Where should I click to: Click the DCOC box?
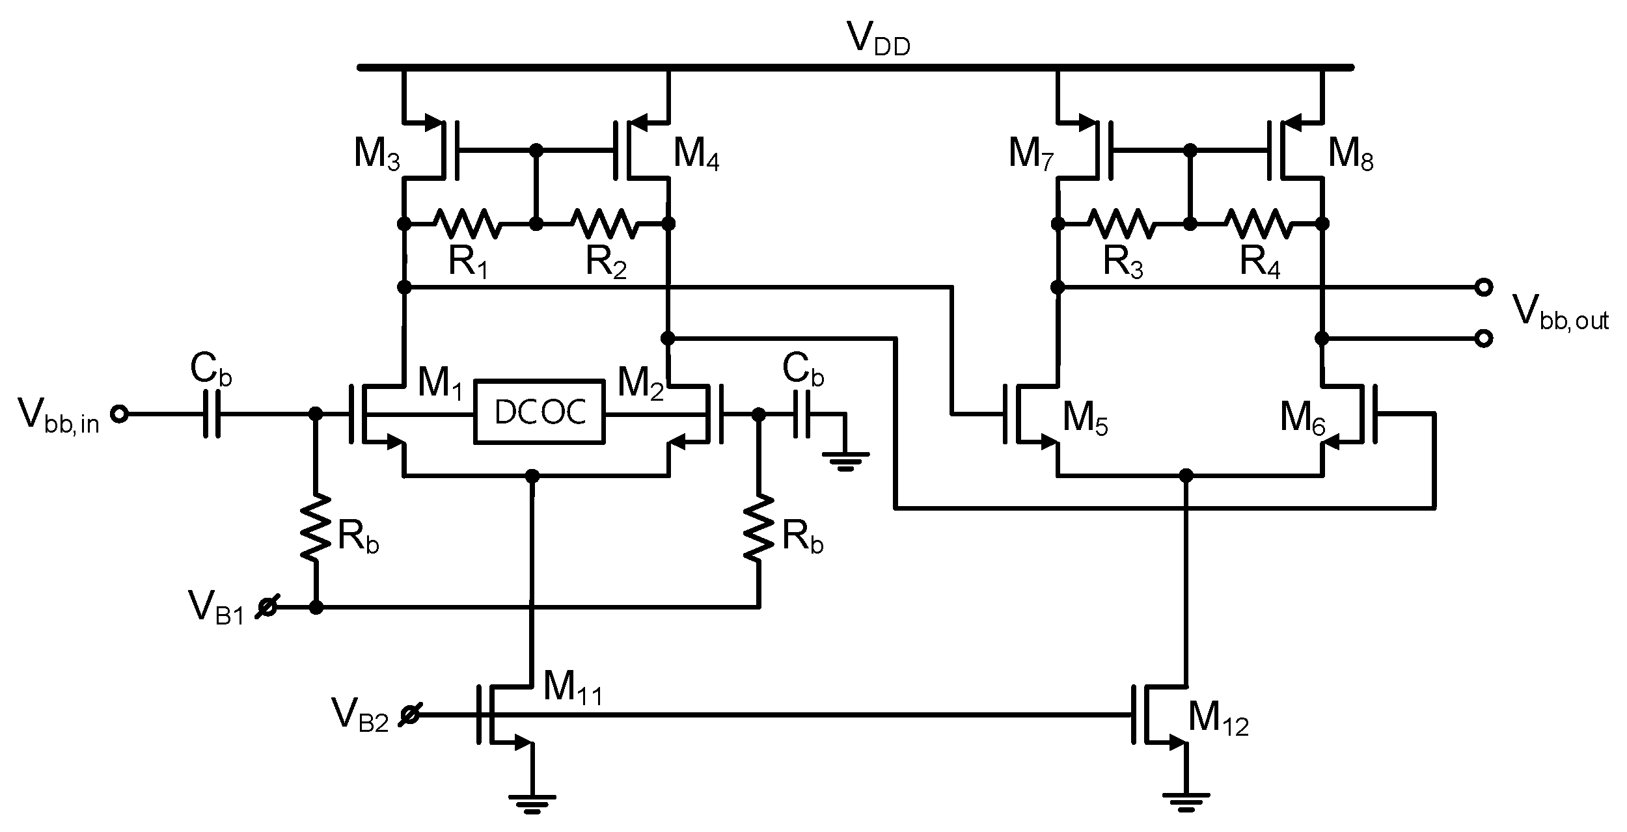[539, 411]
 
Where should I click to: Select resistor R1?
[468, 223]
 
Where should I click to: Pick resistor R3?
[1123, 223]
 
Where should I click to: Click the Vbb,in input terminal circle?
[118, 414]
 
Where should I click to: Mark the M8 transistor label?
[1350, 156]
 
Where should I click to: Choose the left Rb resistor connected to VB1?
[316, 527]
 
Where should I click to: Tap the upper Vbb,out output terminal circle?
[1483, 287]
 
